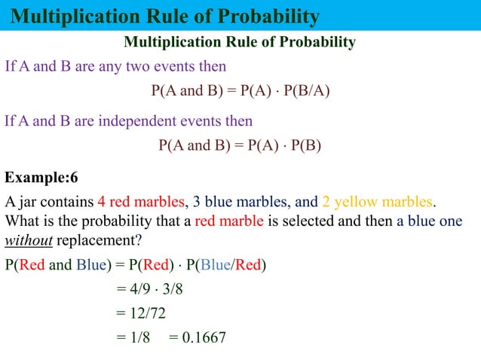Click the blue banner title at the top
pyautogui.click(x=166, y=16)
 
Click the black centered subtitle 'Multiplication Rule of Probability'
pyautogui.click(x=239, y=41)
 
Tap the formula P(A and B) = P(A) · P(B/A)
pyautogui.click(x=240, y=91)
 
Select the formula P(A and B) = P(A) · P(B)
pyautogui.click(x=240, y=145)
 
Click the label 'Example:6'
pyautogui.click(x=41, y=178)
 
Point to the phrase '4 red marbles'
pyautogui.click(x=141, y=203)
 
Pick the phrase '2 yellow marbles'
pyautogui.click(x=377, y=203)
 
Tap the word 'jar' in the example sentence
pyautogui.click(x=29, y=203)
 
